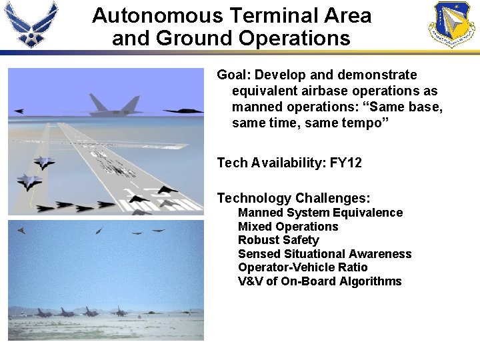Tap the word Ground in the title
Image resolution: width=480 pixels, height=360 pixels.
[x=193, y=38]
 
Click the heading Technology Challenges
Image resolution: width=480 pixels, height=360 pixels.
[x=293, y=198]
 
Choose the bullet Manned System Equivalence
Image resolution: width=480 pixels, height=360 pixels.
[x=320, y=213]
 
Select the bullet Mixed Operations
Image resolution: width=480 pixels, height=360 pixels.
[x=288, y=227]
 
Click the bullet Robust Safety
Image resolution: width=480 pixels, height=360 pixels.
[x=278, y=240]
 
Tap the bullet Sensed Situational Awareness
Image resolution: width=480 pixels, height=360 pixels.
[x=325, y=254]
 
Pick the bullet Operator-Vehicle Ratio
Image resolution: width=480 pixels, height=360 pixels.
[x=303, y=267]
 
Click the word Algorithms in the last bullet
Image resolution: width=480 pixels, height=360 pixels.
[x=371, y=281]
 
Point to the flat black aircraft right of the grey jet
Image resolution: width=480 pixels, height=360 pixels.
[x=183, y=111]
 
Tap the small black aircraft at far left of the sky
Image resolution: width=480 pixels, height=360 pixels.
[x=18, y=111]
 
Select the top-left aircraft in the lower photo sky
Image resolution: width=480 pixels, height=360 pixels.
[x=21, y=231]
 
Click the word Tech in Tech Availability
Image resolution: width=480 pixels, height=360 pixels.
[x=231, y=163]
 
